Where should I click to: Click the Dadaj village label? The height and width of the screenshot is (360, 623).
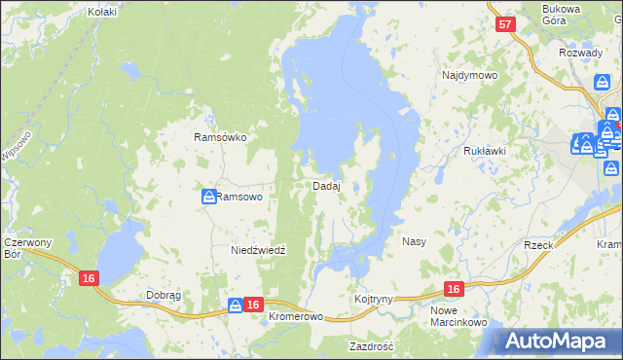[x=326, y=186]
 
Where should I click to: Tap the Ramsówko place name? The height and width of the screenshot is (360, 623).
[x=221, y=137]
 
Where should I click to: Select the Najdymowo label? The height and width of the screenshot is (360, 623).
[x=469, y=75]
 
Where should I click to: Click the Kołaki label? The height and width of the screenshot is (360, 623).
[x=101, y=12]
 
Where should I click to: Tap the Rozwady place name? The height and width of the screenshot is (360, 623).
[x=581, y=53]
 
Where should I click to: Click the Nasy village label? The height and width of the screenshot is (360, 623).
[x=414, y=240]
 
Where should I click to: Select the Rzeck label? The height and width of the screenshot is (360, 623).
[x=538, y=245]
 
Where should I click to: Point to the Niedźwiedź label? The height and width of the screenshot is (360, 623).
[x=258, y=250]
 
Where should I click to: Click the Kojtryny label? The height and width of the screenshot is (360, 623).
[x=373, y=299]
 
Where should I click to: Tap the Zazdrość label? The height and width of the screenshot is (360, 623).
[x=371, y=345]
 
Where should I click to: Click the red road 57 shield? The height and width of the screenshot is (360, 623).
[x=503, y=26]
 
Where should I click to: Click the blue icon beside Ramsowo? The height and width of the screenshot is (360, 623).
[x=208, y=197]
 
